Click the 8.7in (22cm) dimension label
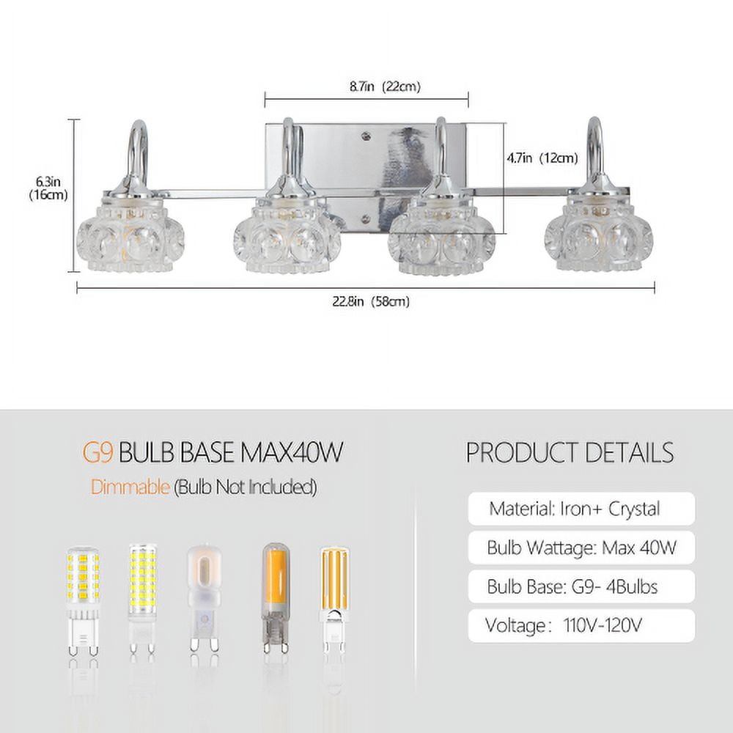386,86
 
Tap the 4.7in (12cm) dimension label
542,158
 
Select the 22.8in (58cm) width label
371,301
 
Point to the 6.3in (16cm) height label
48,188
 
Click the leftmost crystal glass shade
130,236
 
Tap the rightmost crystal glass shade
599,236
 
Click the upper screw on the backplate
365,136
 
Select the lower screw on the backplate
366,218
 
